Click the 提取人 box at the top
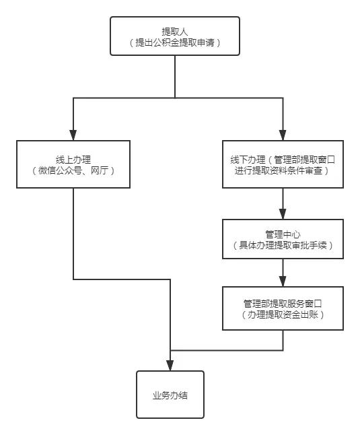175,37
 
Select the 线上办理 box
73,164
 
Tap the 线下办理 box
283,164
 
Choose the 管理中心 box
283,239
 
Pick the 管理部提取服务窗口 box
283,308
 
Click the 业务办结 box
170,395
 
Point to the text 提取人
175,31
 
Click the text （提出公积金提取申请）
175,42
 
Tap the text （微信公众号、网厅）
73,171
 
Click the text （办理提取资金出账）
283,314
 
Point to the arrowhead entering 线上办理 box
73,135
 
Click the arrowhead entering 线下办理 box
283,135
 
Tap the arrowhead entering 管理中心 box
283,215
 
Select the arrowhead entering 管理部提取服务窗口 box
283,282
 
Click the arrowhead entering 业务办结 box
170,366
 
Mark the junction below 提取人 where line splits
175,98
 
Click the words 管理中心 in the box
283,233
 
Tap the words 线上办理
73,159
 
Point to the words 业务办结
170,395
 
